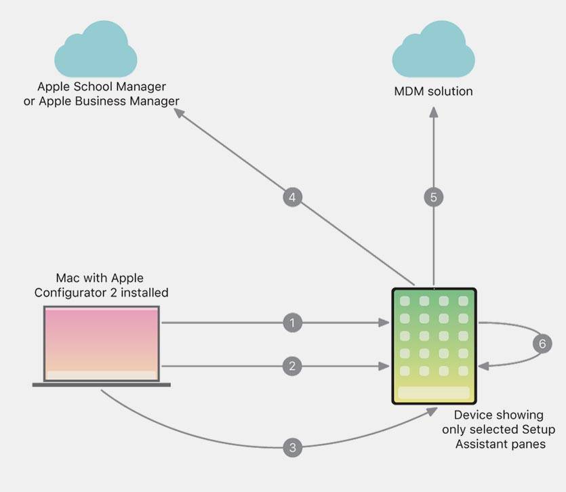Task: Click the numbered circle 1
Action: coord(292,323)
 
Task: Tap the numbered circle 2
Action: coord(292,367)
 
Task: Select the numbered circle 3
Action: coord(292,447)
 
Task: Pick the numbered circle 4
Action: coord(292,197)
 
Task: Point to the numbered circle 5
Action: coord(434,197)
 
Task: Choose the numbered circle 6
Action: coord(542,344)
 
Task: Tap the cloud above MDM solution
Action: coord(434,51)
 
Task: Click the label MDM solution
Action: coord(434,91)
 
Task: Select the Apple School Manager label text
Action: coord(102,87)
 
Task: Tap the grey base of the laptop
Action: coord(102,385)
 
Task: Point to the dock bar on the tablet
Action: coord(434,393)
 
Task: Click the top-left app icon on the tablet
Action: coord(405,301)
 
